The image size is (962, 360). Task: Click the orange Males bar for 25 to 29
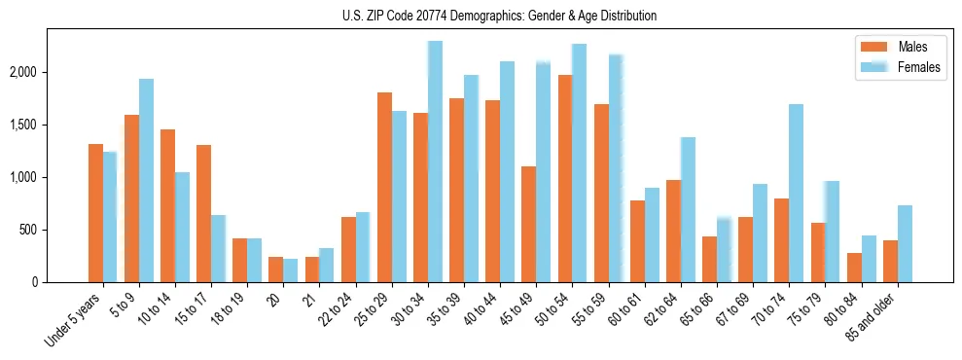pyautogui.click(x=384, y=187)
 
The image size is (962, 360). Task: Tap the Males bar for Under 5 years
pyautogui.click(x=95, y=213)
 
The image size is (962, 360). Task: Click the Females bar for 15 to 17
pyautogui.click(x=218, y=248)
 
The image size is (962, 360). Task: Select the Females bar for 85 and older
pyautogui.click(x=905, y=243)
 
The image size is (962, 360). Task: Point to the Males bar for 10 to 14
pyautogui.click(x=167, y=205)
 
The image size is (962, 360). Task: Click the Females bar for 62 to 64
pyautogui.click(x=688, y=209)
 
